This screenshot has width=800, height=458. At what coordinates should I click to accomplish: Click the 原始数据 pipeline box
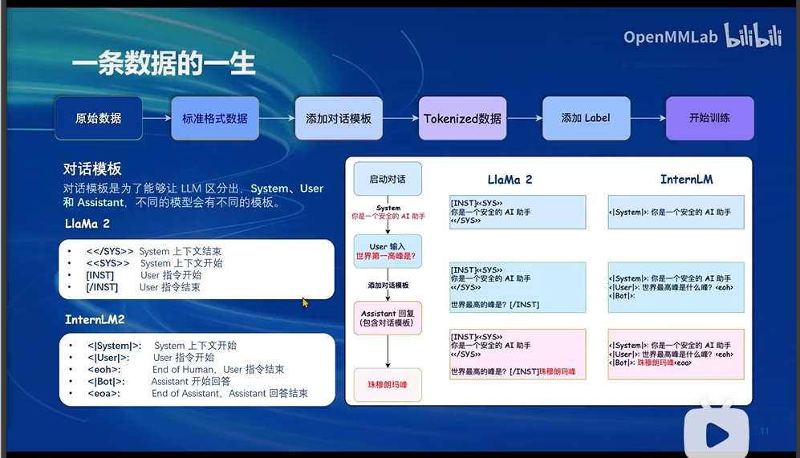pyautogui.click(x=98, y=118)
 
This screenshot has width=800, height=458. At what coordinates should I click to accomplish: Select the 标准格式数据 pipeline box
pyautogui.click(x=215, y=118)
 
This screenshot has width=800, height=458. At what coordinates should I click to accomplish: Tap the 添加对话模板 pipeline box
pyautogui.click(x=339, y=118)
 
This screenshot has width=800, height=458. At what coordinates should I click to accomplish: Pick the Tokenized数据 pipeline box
pyautogui.click(x=462, y=118)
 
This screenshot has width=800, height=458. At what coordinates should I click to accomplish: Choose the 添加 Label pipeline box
pyautogui.click(x=586, y=118)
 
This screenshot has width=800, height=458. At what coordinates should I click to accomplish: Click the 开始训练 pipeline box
pyautogui.click(x=709, y=118)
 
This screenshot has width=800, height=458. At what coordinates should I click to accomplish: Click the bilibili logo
pyautogui.click(x=753, y=36)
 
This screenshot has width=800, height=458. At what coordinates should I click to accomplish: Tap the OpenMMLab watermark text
pyautogui.click(x=671, y=37)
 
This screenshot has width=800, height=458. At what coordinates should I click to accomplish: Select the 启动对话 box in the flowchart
pyautogui.click(x=388, y=180)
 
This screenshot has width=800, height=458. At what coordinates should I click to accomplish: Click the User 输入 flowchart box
pyautogui.click(x=388, y=251)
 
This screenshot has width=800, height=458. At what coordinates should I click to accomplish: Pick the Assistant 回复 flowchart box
pyautogui.click(x=388, y=318)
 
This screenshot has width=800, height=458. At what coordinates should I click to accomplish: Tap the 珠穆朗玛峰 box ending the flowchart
pyautogui.click(x=388, y=385)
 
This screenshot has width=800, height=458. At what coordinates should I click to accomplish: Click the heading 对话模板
pyautogui.click(x=92, y=168)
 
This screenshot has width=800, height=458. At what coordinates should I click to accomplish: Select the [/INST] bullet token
pyautogui.click(x=102, y=287)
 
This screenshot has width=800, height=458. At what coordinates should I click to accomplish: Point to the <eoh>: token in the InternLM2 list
pyautogui.click(x=104, y=370)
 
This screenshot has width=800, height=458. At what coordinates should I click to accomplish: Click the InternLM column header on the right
pyautogui.click(x=686, y=179)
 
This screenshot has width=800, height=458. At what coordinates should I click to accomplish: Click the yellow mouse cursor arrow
pyautogui.click(x=305, y=302)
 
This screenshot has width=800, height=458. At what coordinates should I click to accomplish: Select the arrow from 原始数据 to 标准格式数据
pyautogui.click(x=156, y=118)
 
